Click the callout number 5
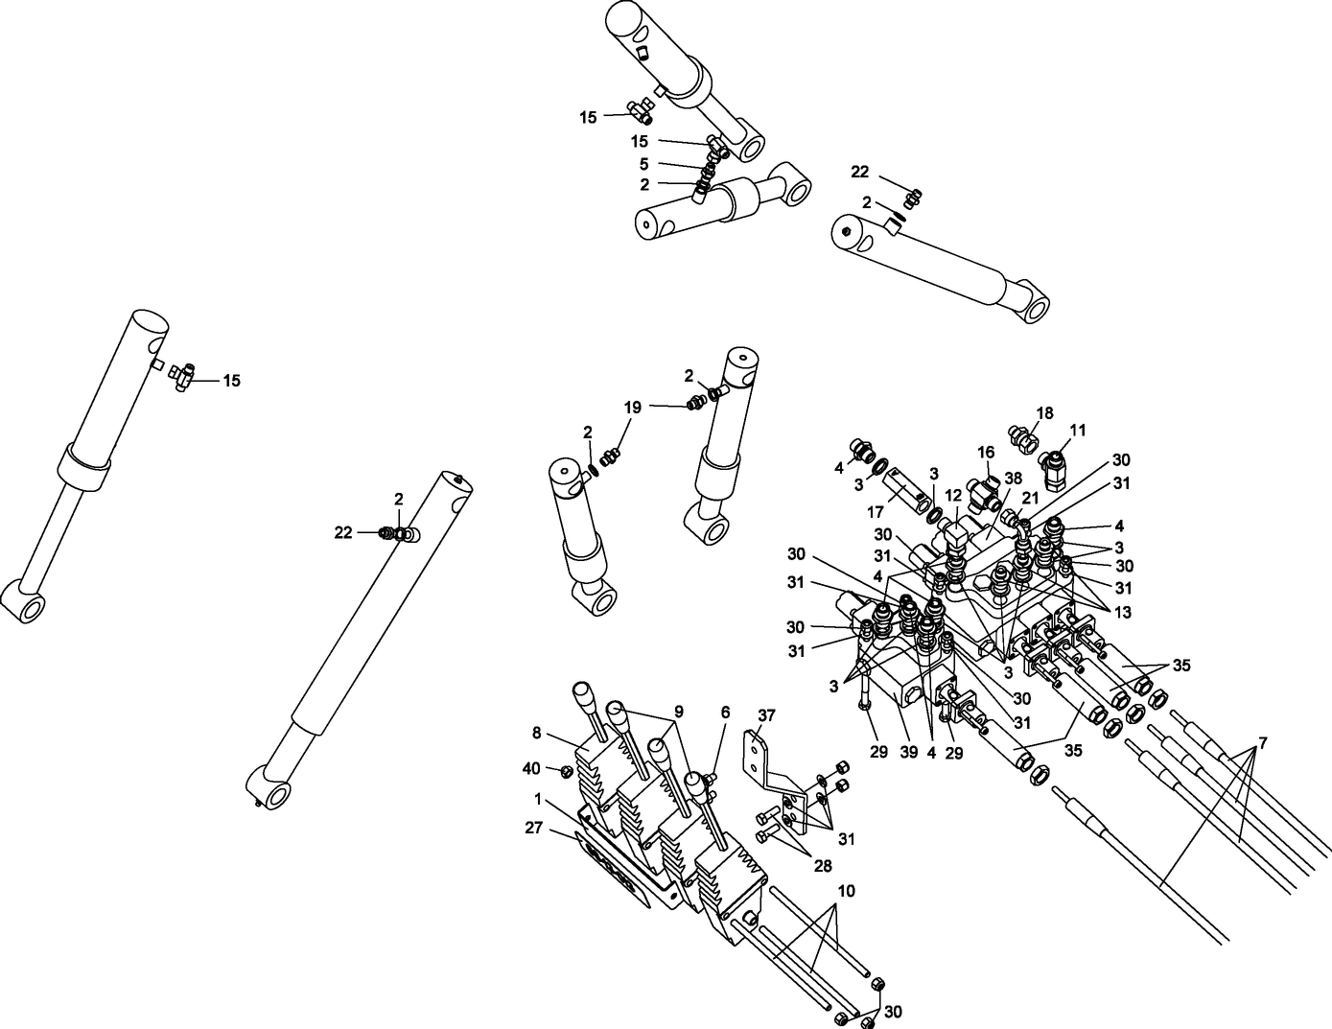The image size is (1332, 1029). [643, 164]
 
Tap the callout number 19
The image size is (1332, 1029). [632, 407]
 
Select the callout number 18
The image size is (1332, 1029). [1044, 413]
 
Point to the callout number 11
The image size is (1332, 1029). [1078, 431]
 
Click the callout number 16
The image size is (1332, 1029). [986, 453]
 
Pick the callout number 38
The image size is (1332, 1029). [1013, 477]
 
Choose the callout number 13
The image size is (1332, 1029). [1122, 610]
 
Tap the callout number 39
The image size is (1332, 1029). [908, 753]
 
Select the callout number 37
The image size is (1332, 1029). [766, 715]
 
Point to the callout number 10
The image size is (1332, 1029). [845, 891]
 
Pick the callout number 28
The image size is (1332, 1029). [822, 867]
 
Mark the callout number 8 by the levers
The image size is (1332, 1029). [536, 734]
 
